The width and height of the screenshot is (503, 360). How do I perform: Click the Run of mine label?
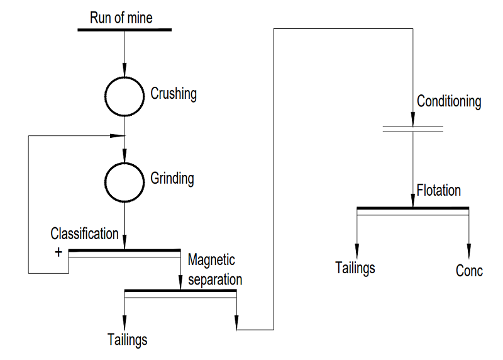point(121,17)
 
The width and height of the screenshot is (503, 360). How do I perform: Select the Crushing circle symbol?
point(124,95)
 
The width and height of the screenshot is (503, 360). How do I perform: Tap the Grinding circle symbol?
point(124,181)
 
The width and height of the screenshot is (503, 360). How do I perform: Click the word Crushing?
point(174,94)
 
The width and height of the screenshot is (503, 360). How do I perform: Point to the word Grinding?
point(172,178)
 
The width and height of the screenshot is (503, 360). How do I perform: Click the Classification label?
point(84,233)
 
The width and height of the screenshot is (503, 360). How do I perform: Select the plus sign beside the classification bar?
point(58,252)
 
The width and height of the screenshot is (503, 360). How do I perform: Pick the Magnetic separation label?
point(214,269)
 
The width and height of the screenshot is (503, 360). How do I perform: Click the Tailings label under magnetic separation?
point(127,340)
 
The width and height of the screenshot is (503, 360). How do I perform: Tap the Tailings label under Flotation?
point(355,267)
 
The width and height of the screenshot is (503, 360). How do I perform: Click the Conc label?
point(469,271)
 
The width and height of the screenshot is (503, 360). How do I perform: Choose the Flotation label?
point(439,189)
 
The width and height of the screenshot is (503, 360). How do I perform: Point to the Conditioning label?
point(449,101)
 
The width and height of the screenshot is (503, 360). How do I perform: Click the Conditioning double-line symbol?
point(412,129)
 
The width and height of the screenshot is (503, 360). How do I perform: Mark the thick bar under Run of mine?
point(124,29)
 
